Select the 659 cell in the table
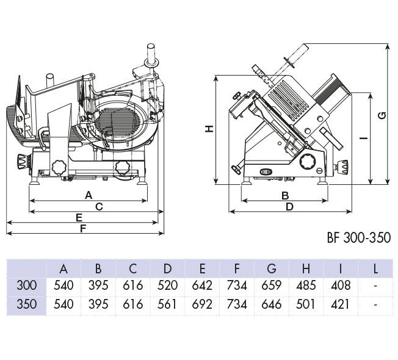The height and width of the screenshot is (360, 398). coord(272,286)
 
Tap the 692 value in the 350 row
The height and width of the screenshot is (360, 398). coord(203,304)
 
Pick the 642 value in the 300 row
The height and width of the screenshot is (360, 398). coord(203,286)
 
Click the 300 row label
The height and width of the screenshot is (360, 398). coord(27,286)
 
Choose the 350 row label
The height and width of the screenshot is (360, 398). coord(27,304)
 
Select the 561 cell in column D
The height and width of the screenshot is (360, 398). coord(168,304)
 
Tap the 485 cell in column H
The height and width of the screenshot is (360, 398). coord(306,286)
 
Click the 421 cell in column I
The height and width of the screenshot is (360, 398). coord(341,304)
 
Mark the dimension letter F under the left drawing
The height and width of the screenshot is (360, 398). coord(83,228)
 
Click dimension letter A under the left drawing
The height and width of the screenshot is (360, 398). coord(88,195)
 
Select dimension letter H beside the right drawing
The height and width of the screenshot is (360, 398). coord(209,129)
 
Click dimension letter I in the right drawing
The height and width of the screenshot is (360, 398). coord(364,138)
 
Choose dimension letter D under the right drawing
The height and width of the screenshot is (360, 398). coord(289,206)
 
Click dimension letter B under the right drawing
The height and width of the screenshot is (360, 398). coord(284,195)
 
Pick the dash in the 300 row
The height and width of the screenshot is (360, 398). coord(375,286)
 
